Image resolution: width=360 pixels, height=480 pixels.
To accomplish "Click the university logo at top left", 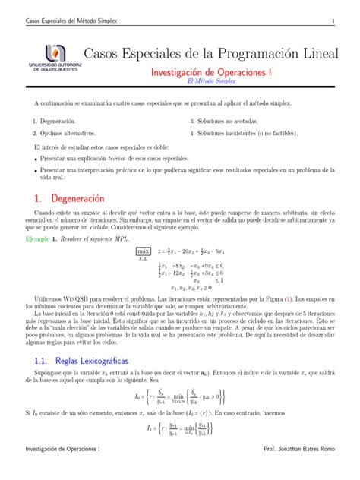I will click(x=50, y=59).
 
